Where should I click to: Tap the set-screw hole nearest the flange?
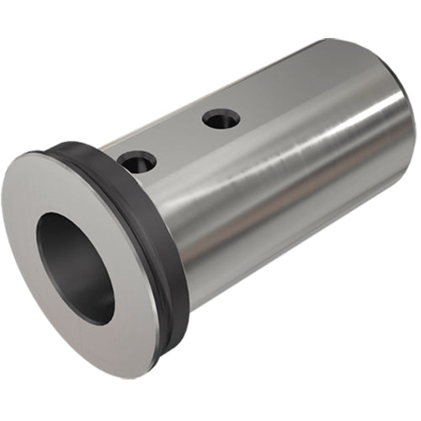(x=136, y=159)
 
